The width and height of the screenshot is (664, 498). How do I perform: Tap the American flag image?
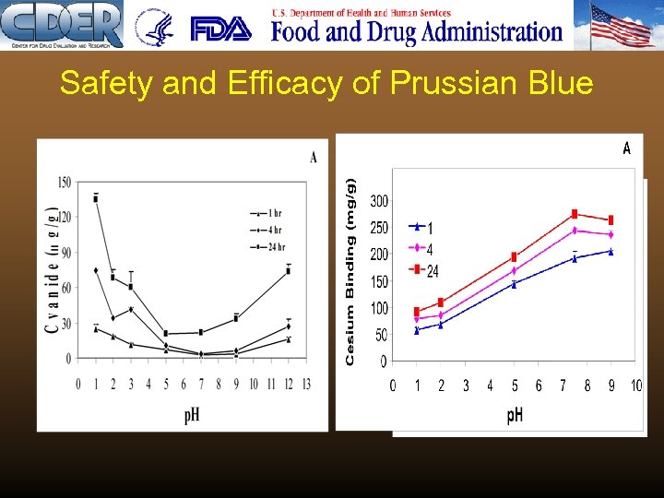pyautogui.click(x=621, y=25)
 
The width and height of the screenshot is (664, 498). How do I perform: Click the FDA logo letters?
pyautogui.click(x=220, y=29)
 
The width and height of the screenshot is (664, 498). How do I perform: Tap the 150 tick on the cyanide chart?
pyautogui.click(x=65, y=183)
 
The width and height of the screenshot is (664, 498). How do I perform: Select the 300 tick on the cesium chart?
pyautogui.click(x=378, y=201)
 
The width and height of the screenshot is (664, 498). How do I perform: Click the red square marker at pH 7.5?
pyautogui.click(x=575, y=214)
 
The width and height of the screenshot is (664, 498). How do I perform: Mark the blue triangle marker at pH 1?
pyautogui.click(x=417, y=330)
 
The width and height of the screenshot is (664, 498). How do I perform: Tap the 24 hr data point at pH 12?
pyautogui.click(x=288, y=271)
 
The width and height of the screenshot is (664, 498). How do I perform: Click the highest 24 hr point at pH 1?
pyautogui.click(x=96, y=198)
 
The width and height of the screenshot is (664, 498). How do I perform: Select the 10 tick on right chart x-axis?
pyautogui.click(x=635, y=385)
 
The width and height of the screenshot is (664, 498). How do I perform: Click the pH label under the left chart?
pyautogui.click(x=192, y=414)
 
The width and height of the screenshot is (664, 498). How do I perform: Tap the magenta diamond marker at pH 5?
pyautogui.click(x=515, y=271)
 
